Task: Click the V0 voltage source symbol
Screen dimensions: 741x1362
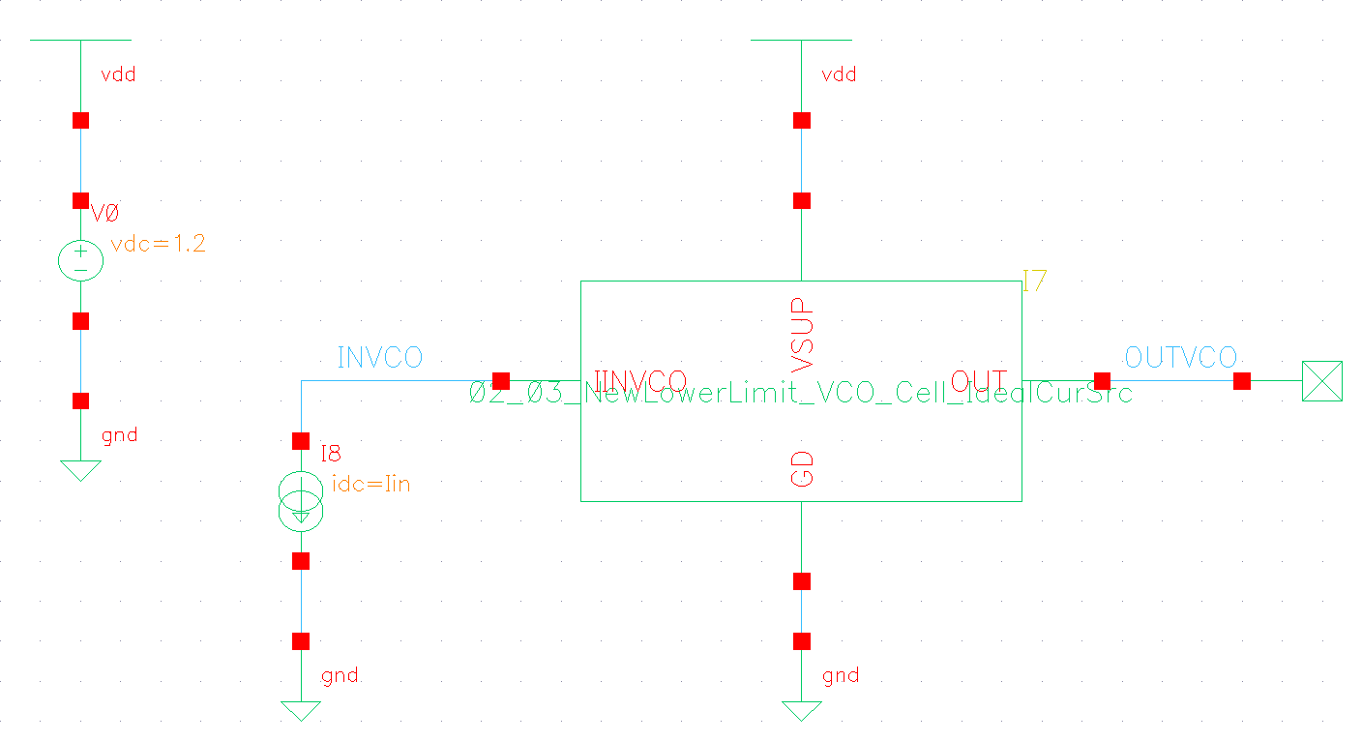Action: click(80, 261)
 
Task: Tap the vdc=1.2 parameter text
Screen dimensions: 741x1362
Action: click(158, 245)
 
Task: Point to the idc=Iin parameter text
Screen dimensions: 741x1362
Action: click(370, 484)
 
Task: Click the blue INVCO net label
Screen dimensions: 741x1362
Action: click(379, 358)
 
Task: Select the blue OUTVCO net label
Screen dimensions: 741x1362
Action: click(1180, 358)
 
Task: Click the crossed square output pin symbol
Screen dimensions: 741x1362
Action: click(1321, 381)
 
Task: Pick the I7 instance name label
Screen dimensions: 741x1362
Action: click(1034, 282)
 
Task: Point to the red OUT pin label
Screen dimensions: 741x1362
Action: click(979, 380)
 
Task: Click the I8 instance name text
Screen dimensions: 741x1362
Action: click(331, 454)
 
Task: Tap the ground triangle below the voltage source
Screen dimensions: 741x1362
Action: click(80, 471)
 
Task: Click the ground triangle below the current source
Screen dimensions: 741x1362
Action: click(301, 711)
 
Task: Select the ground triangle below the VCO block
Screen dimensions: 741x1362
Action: click(801, 711)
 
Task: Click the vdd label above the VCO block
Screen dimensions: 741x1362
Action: click(838, 74)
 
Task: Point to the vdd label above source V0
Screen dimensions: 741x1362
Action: click(118, 74)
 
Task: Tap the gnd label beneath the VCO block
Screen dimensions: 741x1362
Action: click(840, 675)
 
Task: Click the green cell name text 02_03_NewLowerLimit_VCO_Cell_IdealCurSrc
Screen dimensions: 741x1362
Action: click(801, 394)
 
